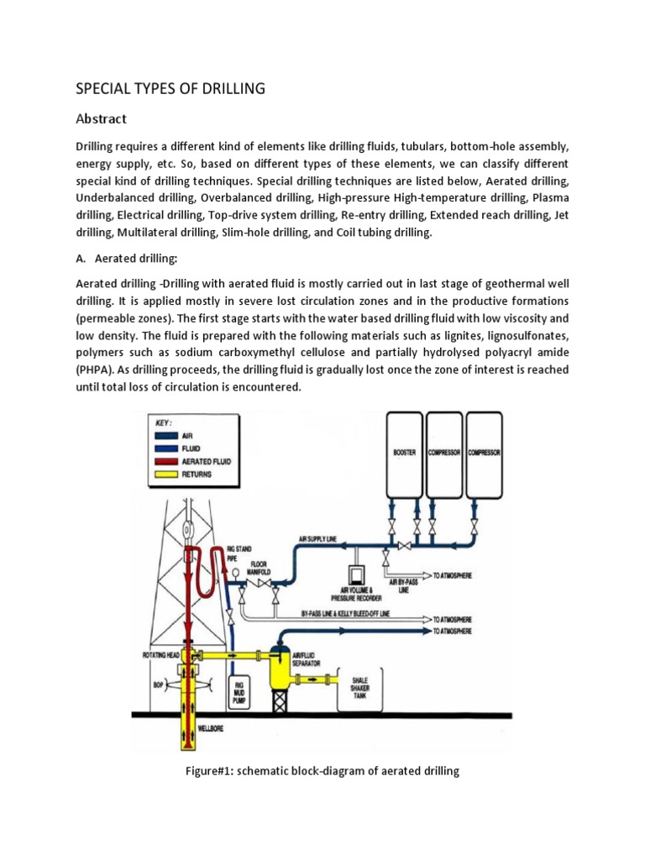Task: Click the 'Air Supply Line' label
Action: click(319, 539)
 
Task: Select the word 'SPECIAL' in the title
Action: click(102, 88)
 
